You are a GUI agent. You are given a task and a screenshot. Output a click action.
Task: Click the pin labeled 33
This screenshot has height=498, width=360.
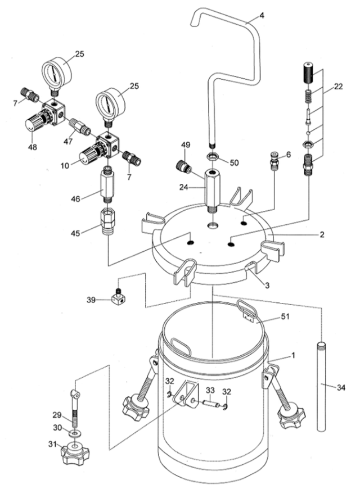210,403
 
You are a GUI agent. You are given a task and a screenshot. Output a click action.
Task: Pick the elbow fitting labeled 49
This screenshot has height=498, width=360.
183,167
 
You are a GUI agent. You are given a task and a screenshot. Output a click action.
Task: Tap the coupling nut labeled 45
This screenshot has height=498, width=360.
108,221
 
